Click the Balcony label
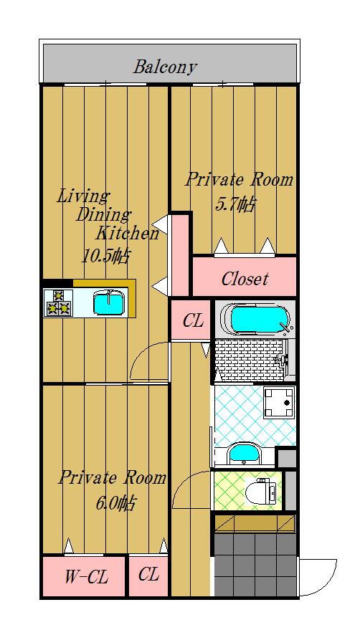(x=165, y=67)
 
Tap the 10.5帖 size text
(x=106, y=256)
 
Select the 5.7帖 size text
(x=235, y=205)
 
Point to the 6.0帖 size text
(x=115, y=503)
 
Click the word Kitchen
(x=127, y=233)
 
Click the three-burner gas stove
(x=58, y=303)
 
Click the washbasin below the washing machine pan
(x=244, y=454)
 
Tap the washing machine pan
(x=278, y=402)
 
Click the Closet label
(x=245, y=279)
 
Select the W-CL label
(x=86, y=577)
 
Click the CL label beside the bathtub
(x=192, y=321)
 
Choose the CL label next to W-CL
(x=148, y=575)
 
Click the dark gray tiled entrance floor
(x=255, y=565)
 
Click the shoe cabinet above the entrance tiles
(x=255, y=522)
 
